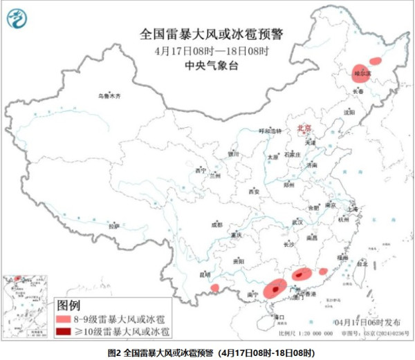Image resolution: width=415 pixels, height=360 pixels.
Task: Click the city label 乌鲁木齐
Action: pyautogui.click(x=109, y=97)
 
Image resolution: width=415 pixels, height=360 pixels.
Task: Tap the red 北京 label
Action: pyautogui.click(x=304, y=129)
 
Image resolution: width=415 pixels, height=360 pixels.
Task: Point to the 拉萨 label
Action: pyautogui.click(x=114, y=226)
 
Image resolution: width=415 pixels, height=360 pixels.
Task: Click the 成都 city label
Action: pyautogui.click(x=217, y=225)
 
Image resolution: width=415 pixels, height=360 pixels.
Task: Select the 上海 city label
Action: pyautogui.click(x=353, y=207)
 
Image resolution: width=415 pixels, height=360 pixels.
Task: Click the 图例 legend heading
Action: pyautogui.click(x=69, y=305)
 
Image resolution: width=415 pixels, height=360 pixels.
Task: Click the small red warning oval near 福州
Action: pyautogui.click(x=322, y=272)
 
